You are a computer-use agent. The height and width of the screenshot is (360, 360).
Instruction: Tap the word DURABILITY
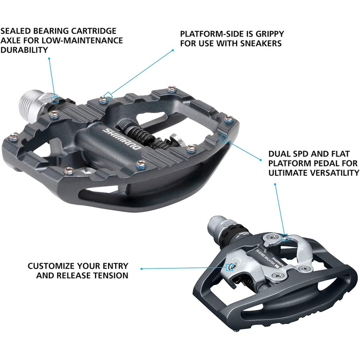(x=24, y=50)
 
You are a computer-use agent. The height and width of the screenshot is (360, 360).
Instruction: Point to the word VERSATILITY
(x=332, y=173)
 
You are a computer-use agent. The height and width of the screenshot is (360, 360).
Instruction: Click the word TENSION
(x=111, y=275)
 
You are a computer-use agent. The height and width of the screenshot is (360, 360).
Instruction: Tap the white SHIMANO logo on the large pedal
(x=122, y=139)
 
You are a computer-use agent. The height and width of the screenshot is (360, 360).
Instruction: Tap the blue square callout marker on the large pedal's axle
(x=55, y=100)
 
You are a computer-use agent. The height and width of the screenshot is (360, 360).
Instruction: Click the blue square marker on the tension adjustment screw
(x=229, y=267)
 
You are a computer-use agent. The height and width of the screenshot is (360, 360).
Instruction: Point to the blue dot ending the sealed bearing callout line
(x=49, y=59)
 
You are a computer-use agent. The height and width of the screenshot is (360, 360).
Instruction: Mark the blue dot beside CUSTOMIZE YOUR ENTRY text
(x=141, y=269)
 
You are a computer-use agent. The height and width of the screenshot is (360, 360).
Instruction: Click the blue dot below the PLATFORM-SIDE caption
(x=173, y=50)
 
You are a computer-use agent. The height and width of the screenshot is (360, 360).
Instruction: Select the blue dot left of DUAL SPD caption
(x=261, y=160)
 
